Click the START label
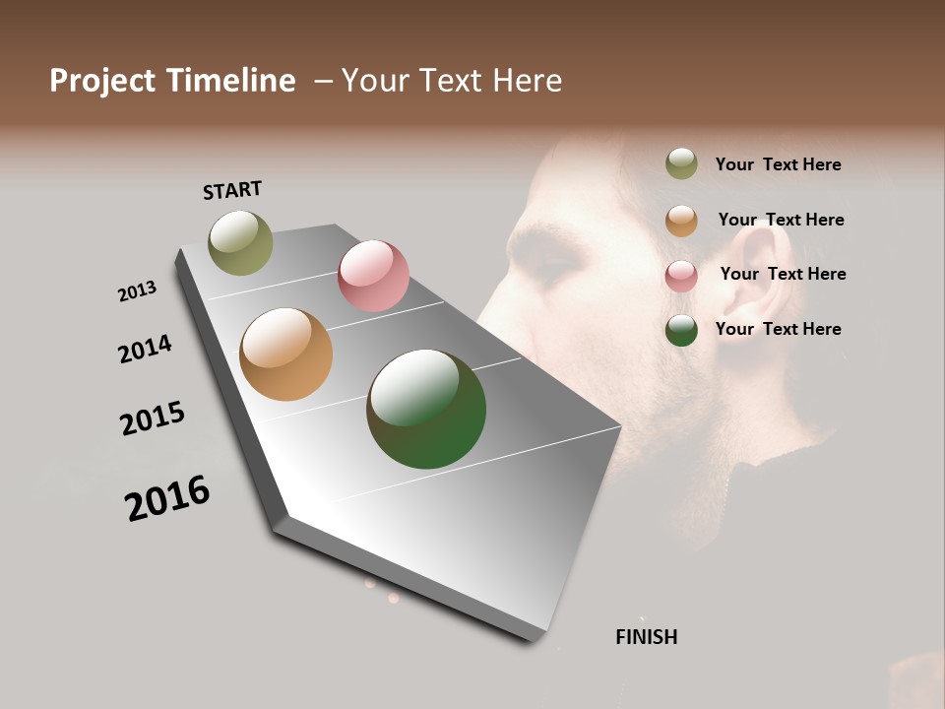[x=232, y=190]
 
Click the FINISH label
[x=646, y=637]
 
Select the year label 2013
[x=137, y=291]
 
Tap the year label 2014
[x=145, y=349]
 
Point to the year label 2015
[x=153, y=419]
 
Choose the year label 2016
[x=167, y=497]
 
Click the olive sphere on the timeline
[x=240, y=242]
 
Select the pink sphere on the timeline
[x=373, y=276]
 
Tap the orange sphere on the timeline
[x=285, y=354]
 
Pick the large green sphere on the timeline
[x=426, y=409]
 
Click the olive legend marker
[x=681, y=163]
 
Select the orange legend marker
[x=681, y=220]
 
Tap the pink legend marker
[x=681, y=275]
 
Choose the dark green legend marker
[x=681, y=330]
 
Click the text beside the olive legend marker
[x=778, y=164]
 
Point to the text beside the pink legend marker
[x=783, y=274]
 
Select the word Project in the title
[x=101, y=81]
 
